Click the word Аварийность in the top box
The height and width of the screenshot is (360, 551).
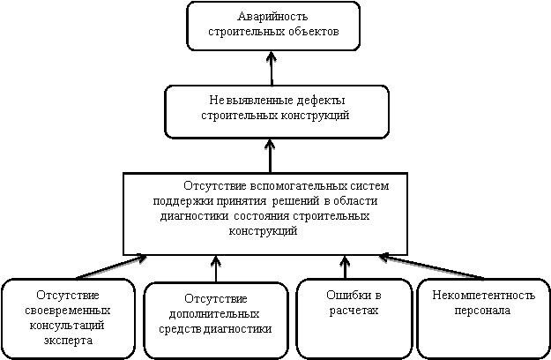[272, 17]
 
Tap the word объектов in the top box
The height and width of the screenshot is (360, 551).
[314, 31]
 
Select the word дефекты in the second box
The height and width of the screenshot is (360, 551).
[321, 101]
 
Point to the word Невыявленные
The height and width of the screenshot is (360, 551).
[251, 101]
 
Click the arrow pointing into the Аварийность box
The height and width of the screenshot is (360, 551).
[272, 69]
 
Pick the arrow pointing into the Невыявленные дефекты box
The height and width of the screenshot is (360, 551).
[270, 156]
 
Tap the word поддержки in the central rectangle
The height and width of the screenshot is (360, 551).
[183, 201]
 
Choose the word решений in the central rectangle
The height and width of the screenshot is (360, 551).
[296, 201]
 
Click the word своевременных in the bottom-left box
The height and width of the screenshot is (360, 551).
[68, 311]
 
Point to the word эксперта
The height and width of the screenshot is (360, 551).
[68, 341]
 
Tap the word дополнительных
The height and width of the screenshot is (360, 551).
[214, 313]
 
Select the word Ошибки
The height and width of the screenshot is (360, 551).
[344, 296]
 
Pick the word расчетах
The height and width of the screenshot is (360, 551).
[354, 311]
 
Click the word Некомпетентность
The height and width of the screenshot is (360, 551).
[483, 296]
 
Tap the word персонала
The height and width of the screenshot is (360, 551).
[482, 311]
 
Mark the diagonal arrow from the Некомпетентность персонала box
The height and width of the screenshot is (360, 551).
[431, 266]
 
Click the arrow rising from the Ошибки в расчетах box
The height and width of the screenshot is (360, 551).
[345, 267]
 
